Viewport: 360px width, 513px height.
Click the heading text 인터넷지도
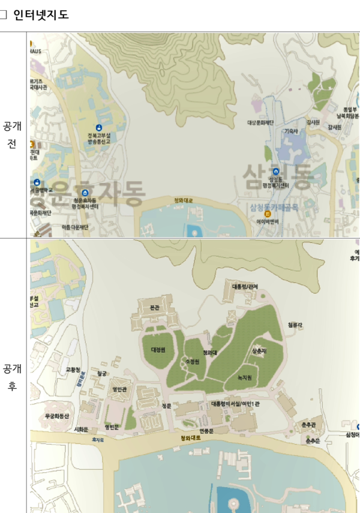pyautogui.click(x=41, y=15)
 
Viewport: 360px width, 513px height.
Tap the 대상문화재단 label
pyautogui.click(x=260, y=122)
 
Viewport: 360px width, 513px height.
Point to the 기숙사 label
pyautogui.click(x=291, y=130)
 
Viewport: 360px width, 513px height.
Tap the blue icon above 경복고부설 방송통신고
pyautogui.click(x=98, y=127)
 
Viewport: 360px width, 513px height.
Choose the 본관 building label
pyautogui.click(x=155, y=307)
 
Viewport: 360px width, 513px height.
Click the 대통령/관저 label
pyautogui.click(x=245, y=286)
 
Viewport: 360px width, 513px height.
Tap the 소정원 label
pyautogui.click(x=192, y=362)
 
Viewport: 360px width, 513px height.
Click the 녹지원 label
pyautogui.click(x=244, y=377)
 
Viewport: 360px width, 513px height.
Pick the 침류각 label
pyautogui.click(x=295, y=325)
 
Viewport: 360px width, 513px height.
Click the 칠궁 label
pyautogui.click(x=101, y=373)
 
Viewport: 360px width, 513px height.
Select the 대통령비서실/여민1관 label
pyautogui.click(x=235, y=404)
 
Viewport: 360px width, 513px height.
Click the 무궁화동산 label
pyautogui.click(x=57, y=416)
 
